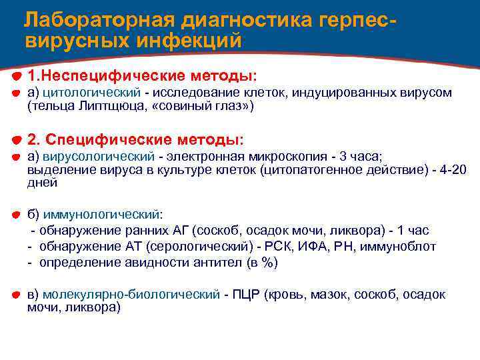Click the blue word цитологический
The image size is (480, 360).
click(92, 92)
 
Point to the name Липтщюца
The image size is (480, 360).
click(102, 105)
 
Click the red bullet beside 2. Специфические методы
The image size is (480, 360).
click(16, 139)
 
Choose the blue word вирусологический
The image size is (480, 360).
click(99, 157)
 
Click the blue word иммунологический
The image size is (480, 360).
click(102, 215)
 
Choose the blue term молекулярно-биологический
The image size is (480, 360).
click(131, 294)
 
